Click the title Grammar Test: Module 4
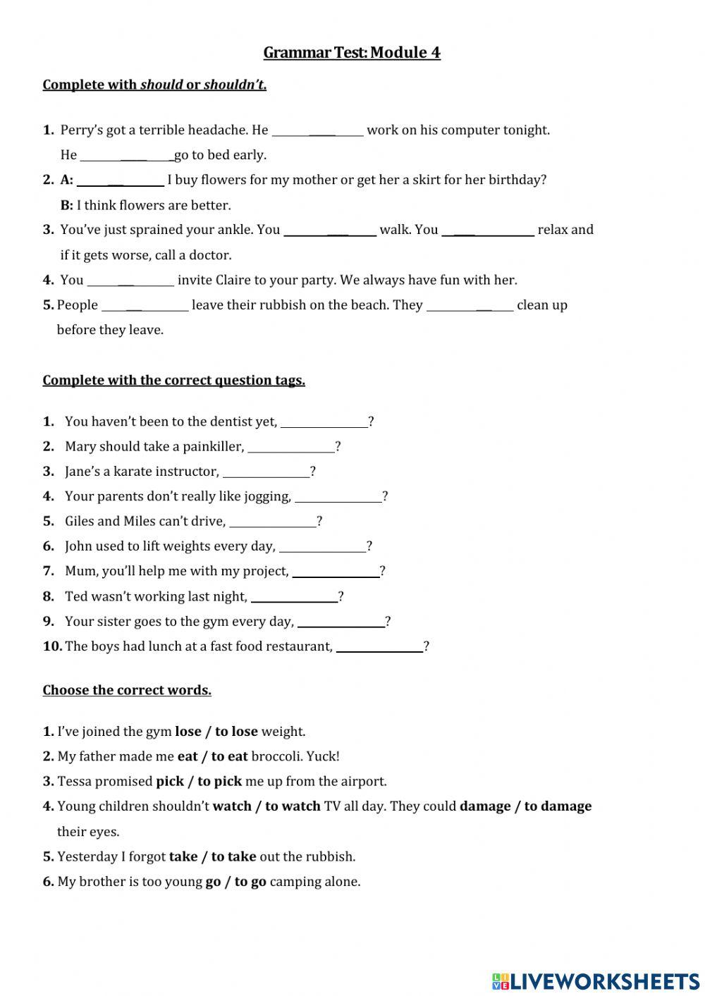352,53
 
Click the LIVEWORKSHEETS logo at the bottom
596,981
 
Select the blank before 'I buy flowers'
120,180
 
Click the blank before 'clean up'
470,305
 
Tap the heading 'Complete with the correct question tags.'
173,381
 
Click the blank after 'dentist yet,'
324,422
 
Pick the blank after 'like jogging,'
338,497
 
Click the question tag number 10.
52,646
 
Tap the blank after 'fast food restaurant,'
379,647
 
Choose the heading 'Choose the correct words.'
127,691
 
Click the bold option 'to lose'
236,732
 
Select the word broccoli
277,757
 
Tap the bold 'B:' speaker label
67,206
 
